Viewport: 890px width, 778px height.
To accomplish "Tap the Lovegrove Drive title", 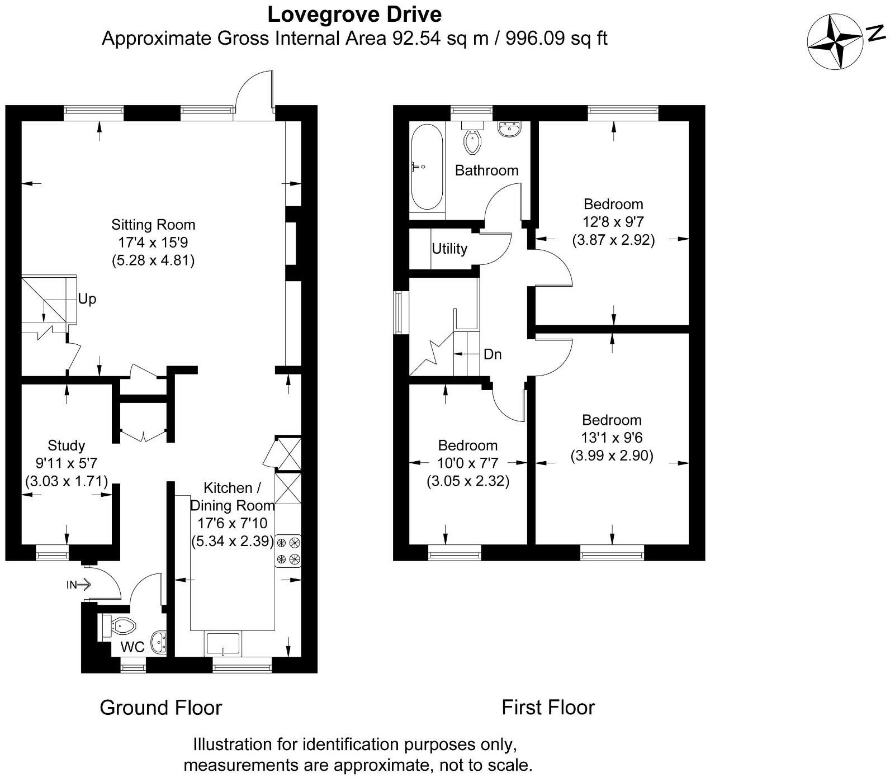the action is point(354,15).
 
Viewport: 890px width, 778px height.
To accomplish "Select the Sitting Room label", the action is point(153,225).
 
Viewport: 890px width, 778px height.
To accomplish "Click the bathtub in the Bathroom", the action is point(427,167).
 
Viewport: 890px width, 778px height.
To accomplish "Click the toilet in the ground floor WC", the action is point(120,625).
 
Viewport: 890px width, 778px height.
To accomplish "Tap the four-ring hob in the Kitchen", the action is point(288,550).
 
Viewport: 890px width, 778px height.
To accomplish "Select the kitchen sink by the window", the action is point(222,644).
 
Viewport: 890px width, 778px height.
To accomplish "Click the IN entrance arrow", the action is point(78,585).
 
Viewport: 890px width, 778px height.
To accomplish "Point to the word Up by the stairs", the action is point(87,299).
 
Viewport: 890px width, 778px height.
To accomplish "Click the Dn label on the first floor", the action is point(492,354).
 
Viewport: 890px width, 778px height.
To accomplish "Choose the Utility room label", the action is point(449,249).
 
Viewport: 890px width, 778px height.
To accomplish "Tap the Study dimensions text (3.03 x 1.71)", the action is point(67,481).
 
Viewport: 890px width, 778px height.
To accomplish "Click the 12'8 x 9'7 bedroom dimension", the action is point(613,222).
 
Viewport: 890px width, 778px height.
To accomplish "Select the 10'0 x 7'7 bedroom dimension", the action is point(468,463).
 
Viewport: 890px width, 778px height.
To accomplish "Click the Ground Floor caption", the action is point(160,708).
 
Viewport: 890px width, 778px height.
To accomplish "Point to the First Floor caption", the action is point(548,708).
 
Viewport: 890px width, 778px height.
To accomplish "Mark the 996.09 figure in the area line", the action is point(535,38).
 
